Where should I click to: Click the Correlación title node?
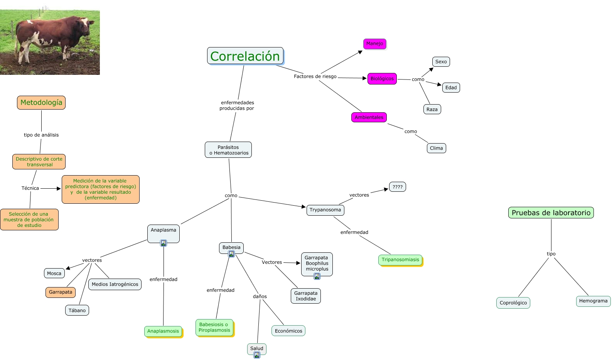coord(245,56)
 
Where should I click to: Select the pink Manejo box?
coord(374,44)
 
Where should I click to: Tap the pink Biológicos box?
coord(382,79)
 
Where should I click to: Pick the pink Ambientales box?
coord(369,117)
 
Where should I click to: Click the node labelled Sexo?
coord(441,62)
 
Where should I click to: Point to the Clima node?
coord(436,148)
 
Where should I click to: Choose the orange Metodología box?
coord(41,103)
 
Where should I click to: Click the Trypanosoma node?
coord(325,210)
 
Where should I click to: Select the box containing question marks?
coord(397,187)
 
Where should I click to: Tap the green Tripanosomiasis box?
coord(400,260)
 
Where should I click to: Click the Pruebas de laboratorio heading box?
coord(551,213)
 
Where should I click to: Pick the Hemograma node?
coord(593,301)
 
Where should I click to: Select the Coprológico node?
coord(513,303)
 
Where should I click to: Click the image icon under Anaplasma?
coord(164,243)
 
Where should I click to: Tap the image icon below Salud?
coord(257,355)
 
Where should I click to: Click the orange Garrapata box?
coord(61,292)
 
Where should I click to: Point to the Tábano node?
coord(77,310)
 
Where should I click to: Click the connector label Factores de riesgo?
coord(315,76)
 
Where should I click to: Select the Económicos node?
coord(288,331)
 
